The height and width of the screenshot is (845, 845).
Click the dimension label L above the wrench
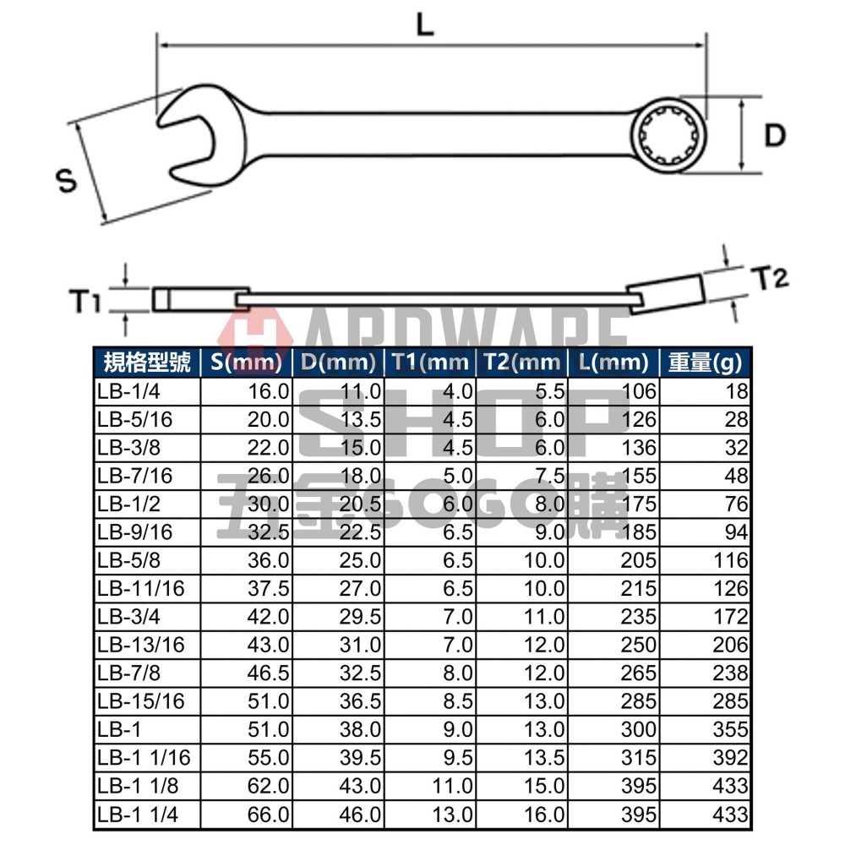pos(425,25)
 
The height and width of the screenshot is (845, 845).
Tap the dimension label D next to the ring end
pos(775,135)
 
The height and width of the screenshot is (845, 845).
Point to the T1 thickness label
pos(85,300)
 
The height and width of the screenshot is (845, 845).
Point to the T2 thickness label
pos(769,278)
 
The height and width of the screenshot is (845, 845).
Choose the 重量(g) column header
pos(706,363)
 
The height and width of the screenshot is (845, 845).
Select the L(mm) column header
pos(613,363)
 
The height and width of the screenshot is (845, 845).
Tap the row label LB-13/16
pos(135,646)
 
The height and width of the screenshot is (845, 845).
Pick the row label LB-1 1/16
pos(140,759)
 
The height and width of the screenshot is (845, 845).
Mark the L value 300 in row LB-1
pos(638,731)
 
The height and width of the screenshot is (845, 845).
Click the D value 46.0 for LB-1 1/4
pos(360,815)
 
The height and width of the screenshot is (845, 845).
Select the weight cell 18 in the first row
pos(737,391)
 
